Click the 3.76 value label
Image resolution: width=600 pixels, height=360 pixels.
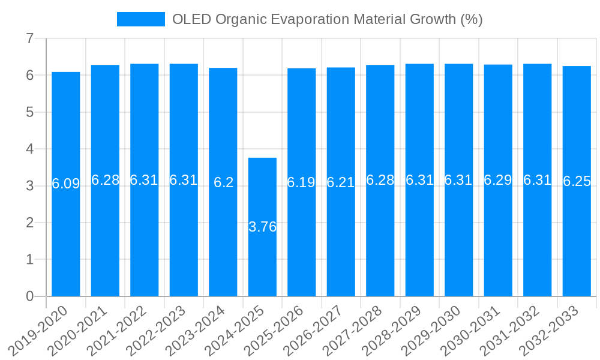[262, 227]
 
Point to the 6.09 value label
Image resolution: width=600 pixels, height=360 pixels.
[66, 184]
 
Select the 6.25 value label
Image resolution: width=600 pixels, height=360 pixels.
[577, 182]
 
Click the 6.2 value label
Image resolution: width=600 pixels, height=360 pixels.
[223, 182]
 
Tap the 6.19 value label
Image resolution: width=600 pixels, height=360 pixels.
[301, 182]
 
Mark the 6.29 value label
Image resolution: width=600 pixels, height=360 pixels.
[498, 180]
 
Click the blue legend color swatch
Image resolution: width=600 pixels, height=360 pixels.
[140, 19]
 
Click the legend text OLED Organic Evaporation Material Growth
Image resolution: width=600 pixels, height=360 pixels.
[327, 19]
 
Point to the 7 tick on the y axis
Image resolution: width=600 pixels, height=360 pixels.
[29, 38]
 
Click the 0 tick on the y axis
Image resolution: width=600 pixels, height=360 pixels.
[29, 296]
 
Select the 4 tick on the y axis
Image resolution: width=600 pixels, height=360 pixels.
[29, 149]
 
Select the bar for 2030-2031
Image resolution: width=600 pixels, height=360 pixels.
[498, 240]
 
